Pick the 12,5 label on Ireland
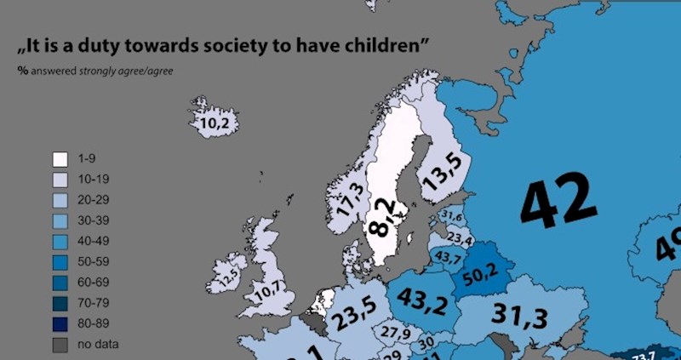click(227, 278)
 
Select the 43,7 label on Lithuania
click(449, 255)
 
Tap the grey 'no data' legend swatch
click(60, 344)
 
